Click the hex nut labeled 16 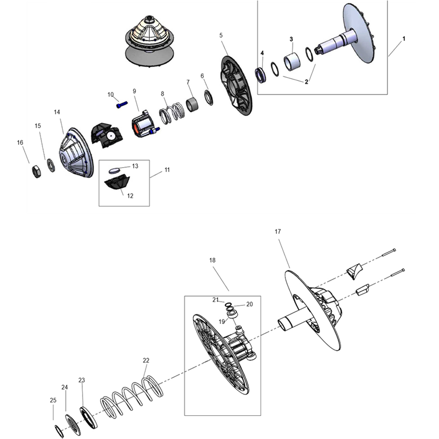[37, 171]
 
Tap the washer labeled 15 [51, 165]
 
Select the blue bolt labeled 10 [122, 105]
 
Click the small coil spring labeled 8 [172, 112]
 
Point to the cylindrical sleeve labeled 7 [192, 104]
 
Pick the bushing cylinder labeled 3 [292, 61]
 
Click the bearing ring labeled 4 [260, 75]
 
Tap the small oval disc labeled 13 [114, 170]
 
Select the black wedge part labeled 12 [117, 182]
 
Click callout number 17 [277, 231]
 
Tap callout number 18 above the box [212, 260]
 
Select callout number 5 [221, 36]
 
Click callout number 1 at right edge [404, 39]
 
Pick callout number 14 [57, 112]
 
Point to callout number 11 [167, 170]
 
